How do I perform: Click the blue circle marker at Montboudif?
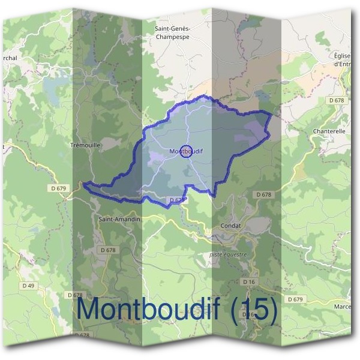point(186,151)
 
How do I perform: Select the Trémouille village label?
point(86,145)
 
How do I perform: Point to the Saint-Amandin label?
point(119,220)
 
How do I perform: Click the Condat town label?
point(230,226)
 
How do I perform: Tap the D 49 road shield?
point(28,285)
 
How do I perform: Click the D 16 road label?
point(249,281)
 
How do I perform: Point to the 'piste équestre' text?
point(228,254)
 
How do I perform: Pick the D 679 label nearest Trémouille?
point(59,188)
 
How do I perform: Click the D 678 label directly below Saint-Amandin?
point(108,250)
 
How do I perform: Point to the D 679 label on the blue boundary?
point(178,200)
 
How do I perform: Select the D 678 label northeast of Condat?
point(263,194)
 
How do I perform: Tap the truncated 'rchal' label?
point(10,58)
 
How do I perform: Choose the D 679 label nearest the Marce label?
point(295,299)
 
